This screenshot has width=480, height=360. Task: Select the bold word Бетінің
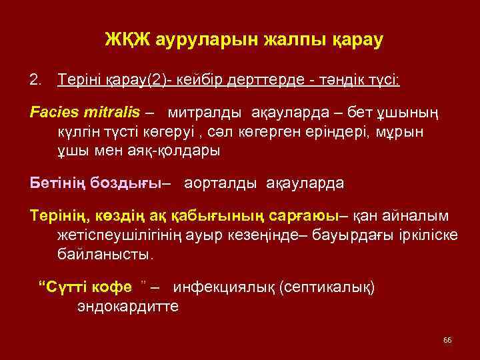pos(57,181)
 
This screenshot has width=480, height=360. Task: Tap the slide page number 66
pos(447,340)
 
